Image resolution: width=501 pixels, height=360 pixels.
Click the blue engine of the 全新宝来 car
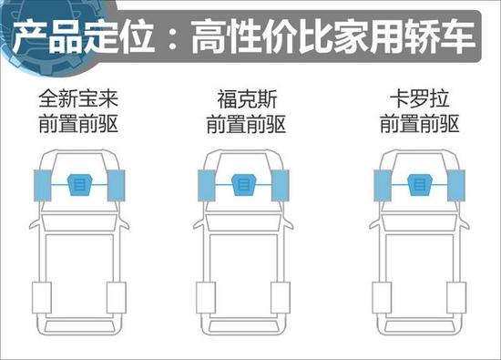78,184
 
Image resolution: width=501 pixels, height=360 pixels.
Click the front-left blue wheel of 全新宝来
41,185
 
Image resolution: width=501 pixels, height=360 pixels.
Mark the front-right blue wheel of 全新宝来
116,185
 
